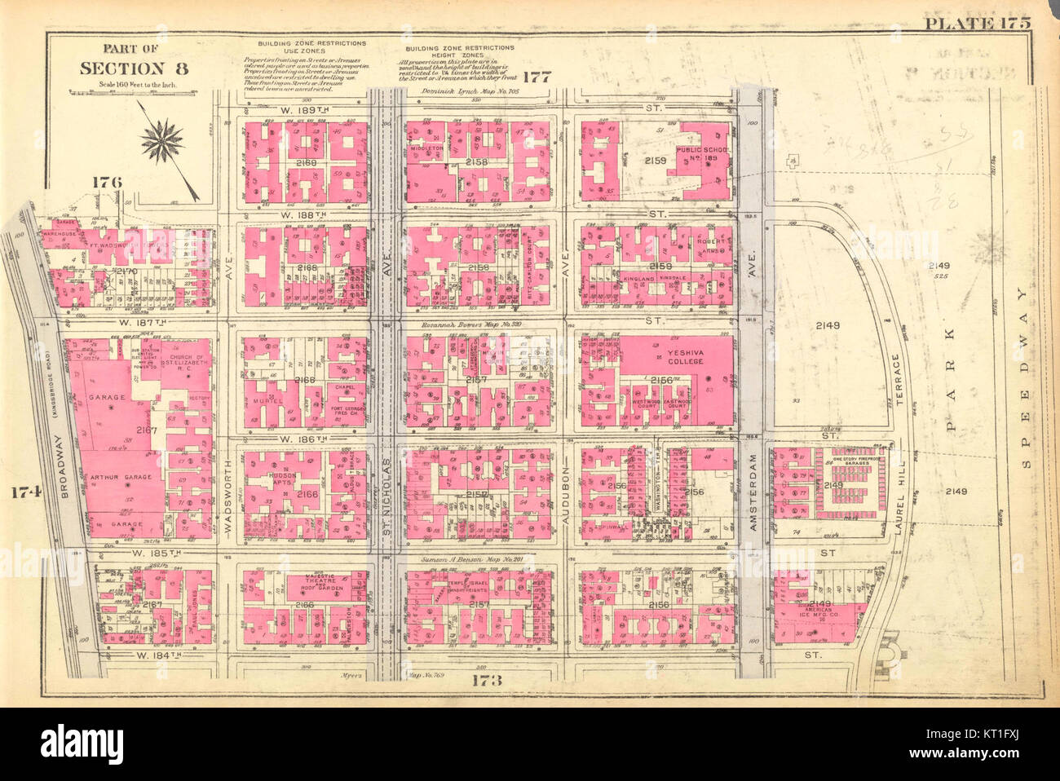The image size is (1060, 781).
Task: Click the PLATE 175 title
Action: click(977, 22)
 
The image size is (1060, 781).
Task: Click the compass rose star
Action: click(163, 139)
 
